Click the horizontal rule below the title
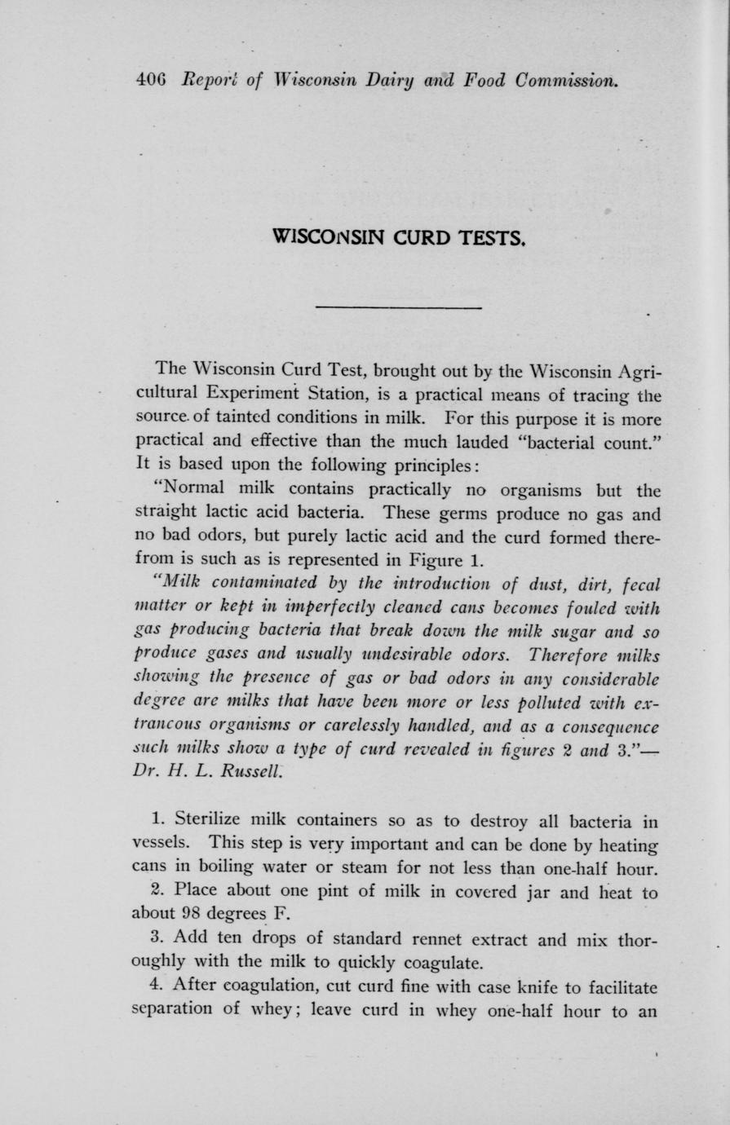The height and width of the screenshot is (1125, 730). tap(398, 307)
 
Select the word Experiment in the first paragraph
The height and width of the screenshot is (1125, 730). tap(250, 398)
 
